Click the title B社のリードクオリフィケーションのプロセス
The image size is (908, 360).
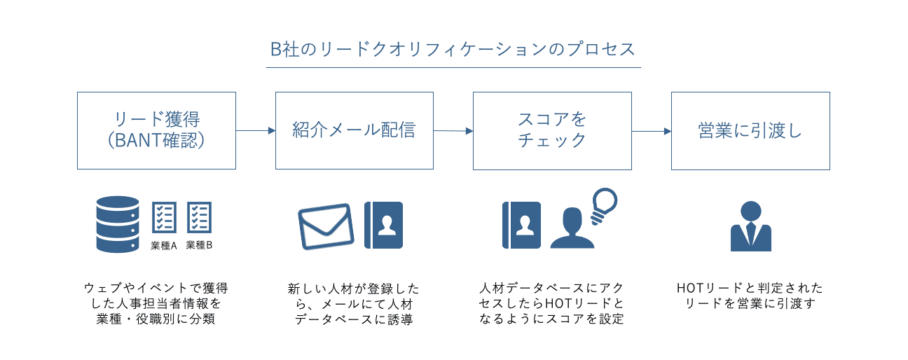(x=453, y=50)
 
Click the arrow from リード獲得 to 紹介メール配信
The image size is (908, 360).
(x=256, y=130)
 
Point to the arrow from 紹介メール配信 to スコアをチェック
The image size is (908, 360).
(x=453, y=131)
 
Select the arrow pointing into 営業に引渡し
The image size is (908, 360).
(x=652, y=132)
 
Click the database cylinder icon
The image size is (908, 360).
(x=118, y=224)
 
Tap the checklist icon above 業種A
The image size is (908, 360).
(x=164, y=217)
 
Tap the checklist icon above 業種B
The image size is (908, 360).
(x=199, y=217)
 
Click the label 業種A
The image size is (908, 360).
(x=164, y=246)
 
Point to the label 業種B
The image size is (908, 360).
(x=199, y=245)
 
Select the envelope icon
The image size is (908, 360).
(x=326, y=226)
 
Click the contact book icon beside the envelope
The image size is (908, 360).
(x=383, y=225)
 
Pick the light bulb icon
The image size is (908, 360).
(x=603, y=205)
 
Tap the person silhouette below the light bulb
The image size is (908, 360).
(x=572, y=228)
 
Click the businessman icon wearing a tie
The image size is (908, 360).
(x=751, y=226)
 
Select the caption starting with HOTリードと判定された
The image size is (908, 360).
(x=750, y=296)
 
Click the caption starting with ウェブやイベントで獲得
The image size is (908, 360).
(x=156, y=303)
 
